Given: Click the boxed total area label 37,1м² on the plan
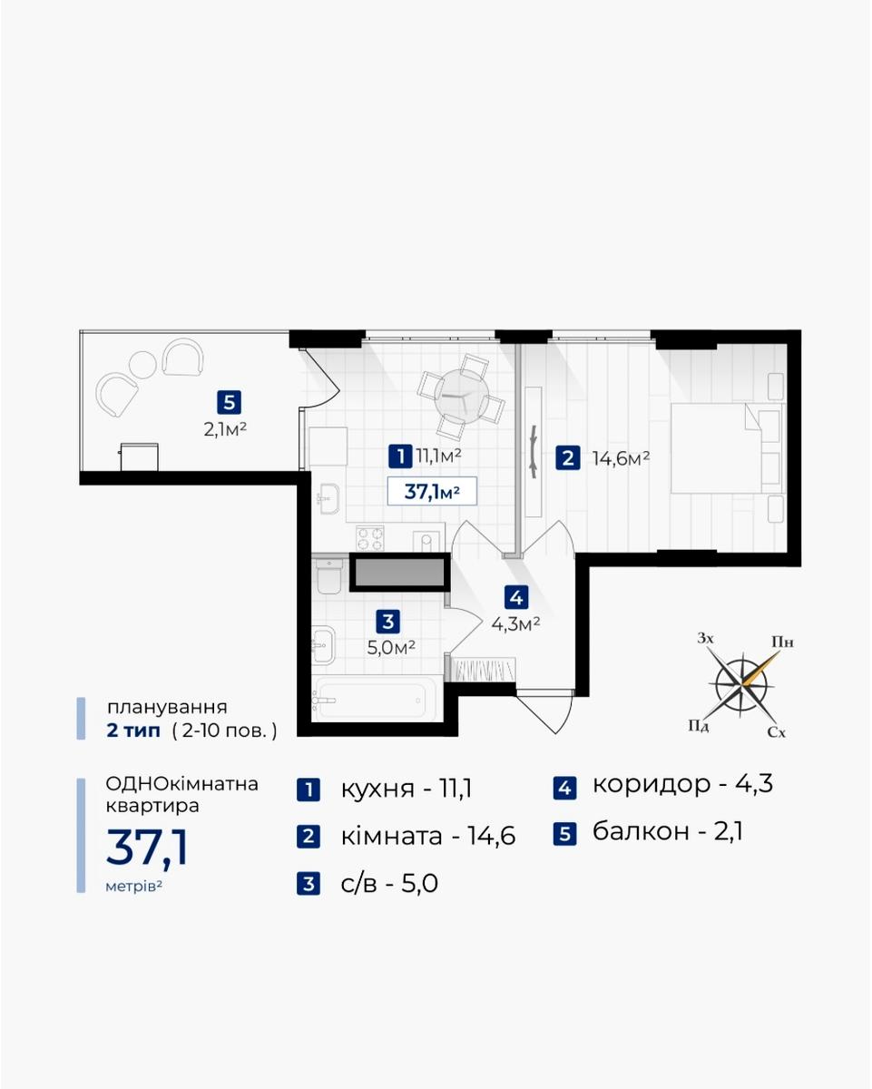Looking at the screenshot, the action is tap(432, 491).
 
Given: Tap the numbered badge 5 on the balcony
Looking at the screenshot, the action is tap(229, 403).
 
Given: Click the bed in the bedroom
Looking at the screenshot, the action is tap(727, 447).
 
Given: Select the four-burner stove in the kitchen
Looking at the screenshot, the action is tap(370, 538).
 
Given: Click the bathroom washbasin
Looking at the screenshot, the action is tap(323, 644).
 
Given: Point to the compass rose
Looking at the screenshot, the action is tap(742, 684).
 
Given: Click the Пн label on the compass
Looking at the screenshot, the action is tap(782, 643).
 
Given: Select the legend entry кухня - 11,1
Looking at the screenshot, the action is tap(385, 789).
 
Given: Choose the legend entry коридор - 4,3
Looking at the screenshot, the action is tap(663, 785).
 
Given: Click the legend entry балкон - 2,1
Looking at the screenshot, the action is tap(648, 832).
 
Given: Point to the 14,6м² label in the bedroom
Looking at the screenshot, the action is tap(621, 458).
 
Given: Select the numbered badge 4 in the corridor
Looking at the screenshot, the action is tap(516, 598).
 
